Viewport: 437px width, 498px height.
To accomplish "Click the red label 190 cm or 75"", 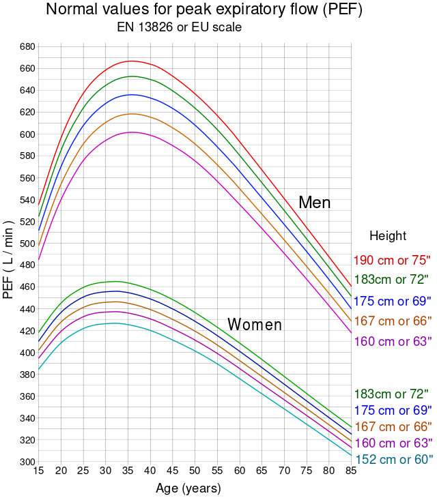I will (392, 261).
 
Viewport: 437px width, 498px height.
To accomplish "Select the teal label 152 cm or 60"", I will (394, 460).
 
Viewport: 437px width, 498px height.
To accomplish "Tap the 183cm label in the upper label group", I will (391, 279).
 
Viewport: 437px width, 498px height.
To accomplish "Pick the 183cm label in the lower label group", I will (391, 394).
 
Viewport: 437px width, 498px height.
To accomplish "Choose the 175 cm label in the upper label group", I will (393, 302).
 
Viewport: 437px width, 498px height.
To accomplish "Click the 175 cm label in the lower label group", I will (393, 411).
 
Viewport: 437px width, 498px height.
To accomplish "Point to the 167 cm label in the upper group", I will (393, 321).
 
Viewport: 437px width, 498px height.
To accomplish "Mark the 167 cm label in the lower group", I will (393, 427).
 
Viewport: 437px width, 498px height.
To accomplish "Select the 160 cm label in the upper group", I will (393, 342).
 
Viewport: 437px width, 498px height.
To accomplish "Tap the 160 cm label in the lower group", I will (393, 443).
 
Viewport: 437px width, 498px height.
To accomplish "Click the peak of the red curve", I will (131, 61).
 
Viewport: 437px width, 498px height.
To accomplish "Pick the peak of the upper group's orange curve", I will (131, 114).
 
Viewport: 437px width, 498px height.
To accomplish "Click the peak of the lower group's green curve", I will (115, 281).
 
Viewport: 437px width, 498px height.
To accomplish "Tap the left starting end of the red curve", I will (38, 205).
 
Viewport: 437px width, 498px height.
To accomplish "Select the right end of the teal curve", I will (352, 456).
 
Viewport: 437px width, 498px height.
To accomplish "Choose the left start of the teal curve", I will (38, 369).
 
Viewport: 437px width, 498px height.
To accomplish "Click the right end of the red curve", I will (351, 284).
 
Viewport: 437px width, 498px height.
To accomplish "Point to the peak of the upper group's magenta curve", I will (131, 132).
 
